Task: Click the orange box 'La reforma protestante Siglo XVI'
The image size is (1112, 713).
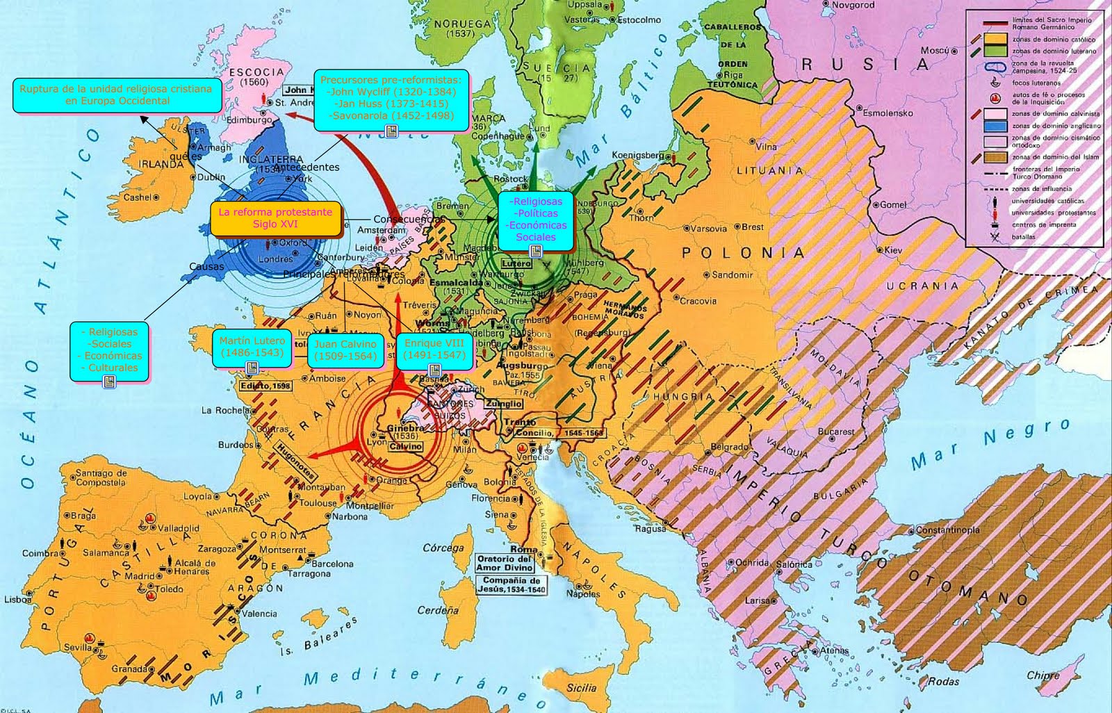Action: (x=275, y=218)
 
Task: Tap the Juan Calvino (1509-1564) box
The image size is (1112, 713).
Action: (x=345, y=350)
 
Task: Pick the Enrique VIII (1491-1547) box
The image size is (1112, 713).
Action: (x=434, y=349)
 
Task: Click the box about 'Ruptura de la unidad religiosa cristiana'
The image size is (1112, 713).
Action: (x=117, y=95)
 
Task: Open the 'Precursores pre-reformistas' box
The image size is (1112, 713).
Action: (x=391, y=99)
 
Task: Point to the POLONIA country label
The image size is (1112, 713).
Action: (x=743, y=253)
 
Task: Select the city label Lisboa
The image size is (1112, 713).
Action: (x=17, y=599)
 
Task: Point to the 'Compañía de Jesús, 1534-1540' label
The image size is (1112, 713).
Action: (x=512, y=584)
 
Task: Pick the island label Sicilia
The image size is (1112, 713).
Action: (x=581, y=688)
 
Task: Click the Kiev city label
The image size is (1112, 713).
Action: (x=892, y=250)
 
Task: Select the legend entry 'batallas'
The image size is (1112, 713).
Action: (x=1023, y=236)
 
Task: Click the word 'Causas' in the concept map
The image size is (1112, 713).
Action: (x=206, y=266)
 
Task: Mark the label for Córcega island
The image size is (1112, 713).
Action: (x=443, y=548)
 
